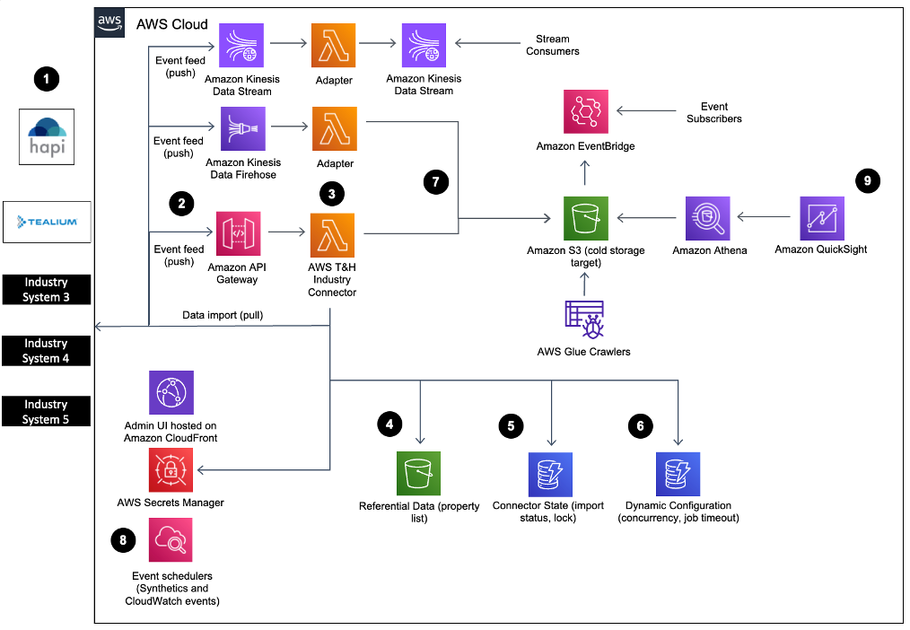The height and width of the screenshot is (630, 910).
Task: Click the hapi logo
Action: (x=47, y=136)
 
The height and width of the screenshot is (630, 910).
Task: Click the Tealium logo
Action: (x=47, y=222)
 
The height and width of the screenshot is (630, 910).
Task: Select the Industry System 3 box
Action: (x=47, y=290)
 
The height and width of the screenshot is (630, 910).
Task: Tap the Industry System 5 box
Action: (x=47, y=412)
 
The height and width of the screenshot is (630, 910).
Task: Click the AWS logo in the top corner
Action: (x=110, y=24)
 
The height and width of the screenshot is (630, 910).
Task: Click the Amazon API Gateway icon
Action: (x=238, y=233)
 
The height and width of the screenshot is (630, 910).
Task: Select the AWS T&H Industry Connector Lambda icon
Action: (x=332, y=233)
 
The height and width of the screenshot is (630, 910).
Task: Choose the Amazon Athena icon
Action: (x=709, y=218)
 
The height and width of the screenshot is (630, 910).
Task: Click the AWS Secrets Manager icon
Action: (x=171, y=469)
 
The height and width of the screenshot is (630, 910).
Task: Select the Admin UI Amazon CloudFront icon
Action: (x=171, y=392)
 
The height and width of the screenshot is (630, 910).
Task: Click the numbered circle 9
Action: (x=866, y=180)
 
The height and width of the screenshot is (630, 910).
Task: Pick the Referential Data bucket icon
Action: (x=419, y=474)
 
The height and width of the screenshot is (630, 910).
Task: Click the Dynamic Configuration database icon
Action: (x=678, y=474)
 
